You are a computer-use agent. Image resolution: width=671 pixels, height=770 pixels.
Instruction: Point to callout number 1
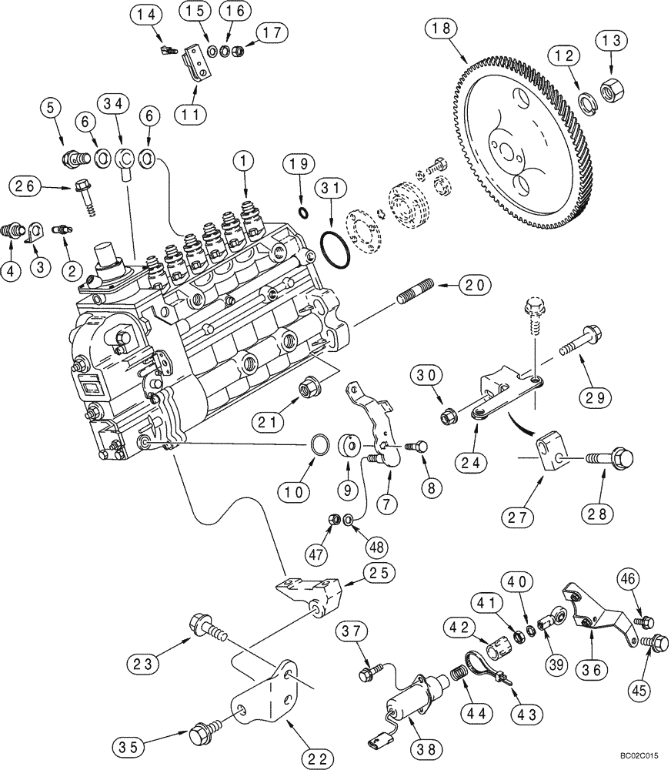(x=245, y=162)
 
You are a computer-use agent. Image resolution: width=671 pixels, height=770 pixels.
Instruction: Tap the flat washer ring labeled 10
(x=322, y=445)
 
